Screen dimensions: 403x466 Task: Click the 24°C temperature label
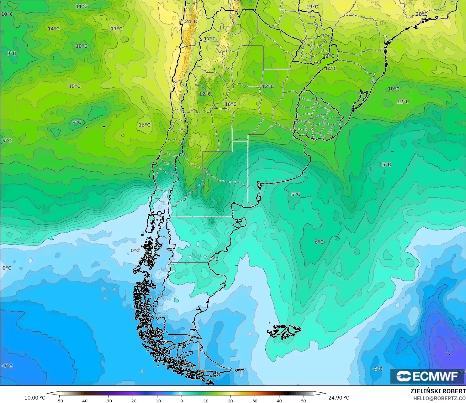[x=191, y=21]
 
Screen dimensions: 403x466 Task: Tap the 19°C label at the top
[x=312, y=7]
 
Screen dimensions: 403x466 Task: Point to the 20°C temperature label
[x=421, y=14]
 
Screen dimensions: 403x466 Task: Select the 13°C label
[x=328, y=56]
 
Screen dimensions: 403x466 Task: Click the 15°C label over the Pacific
[x=74, y=86]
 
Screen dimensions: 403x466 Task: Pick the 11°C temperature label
[x=82, y=6]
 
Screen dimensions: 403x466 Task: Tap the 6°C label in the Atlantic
[x=319, y=242]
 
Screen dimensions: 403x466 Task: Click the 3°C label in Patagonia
[x=214, y=259]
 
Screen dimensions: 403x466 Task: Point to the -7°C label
[x=7, y=366]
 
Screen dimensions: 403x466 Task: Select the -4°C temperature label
[x=377, y=369]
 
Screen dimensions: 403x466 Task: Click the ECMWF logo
[x=427, y=376]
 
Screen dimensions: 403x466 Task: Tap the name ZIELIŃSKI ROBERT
[x=438, y=391]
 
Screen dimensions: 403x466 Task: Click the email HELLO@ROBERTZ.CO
[x=439, y=398]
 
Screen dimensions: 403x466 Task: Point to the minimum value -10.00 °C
[x=34, y=398]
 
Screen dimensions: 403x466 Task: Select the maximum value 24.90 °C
[x=339, y=398]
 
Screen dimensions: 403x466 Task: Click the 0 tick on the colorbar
[x=182, y=400]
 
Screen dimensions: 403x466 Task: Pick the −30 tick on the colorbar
[x=108, y=400]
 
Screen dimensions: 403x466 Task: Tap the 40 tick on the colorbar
[x=279, y=400]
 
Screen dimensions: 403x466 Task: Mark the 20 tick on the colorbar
[x=230, y=400]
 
